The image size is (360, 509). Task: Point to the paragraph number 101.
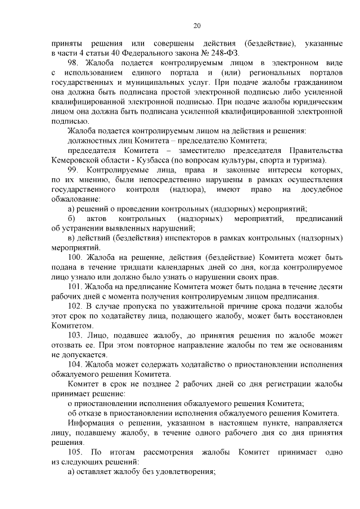click(x=76, y=287)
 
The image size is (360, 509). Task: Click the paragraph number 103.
click(x=76, y=335)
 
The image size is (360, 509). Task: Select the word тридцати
click(x=153, y=267)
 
